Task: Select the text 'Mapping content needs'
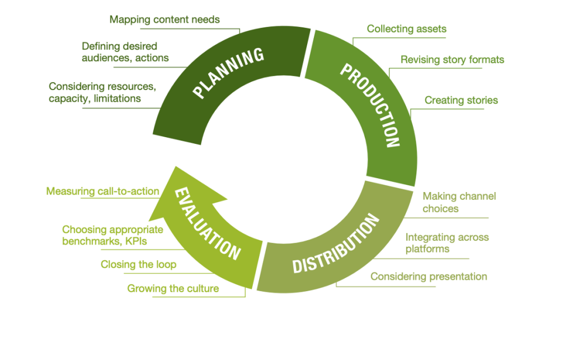point(165,20)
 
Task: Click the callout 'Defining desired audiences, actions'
point(125,52)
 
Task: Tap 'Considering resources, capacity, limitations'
point(101,92)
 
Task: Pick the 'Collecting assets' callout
point(406,29)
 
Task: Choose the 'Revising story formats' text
point(452,59)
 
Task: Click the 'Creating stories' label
point(461,100)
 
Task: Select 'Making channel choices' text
point(459,202)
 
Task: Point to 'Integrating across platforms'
point(447,243)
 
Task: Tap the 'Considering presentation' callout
point(429,277)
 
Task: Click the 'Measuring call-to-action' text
point(102,191)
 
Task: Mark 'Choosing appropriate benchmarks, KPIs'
point(112,235)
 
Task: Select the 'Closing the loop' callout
point(138,264)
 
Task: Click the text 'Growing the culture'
point(173,289)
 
